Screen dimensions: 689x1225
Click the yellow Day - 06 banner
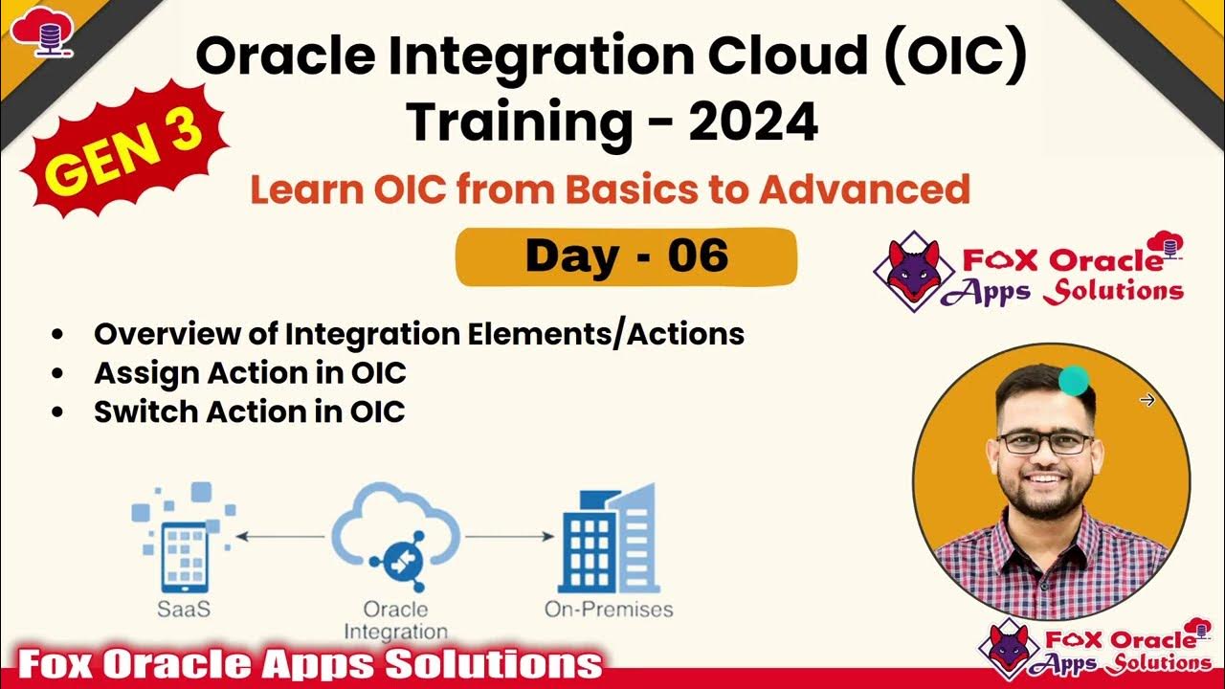[x=626, y=256]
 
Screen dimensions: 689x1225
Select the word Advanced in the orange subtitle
[x=865, y=189]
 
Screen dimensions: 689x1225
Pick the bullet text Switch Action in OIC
[x=249, y=411]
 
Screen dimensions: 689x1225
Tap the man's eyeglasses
[x=1045, y=442]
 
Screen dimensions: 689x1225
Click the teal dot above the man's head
[x=1075, y=380]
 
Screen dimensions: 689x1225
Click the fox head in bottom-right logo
[x=1009, y=646]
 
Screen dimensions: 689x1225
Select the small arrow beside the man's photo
[x=1147, y=400]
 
